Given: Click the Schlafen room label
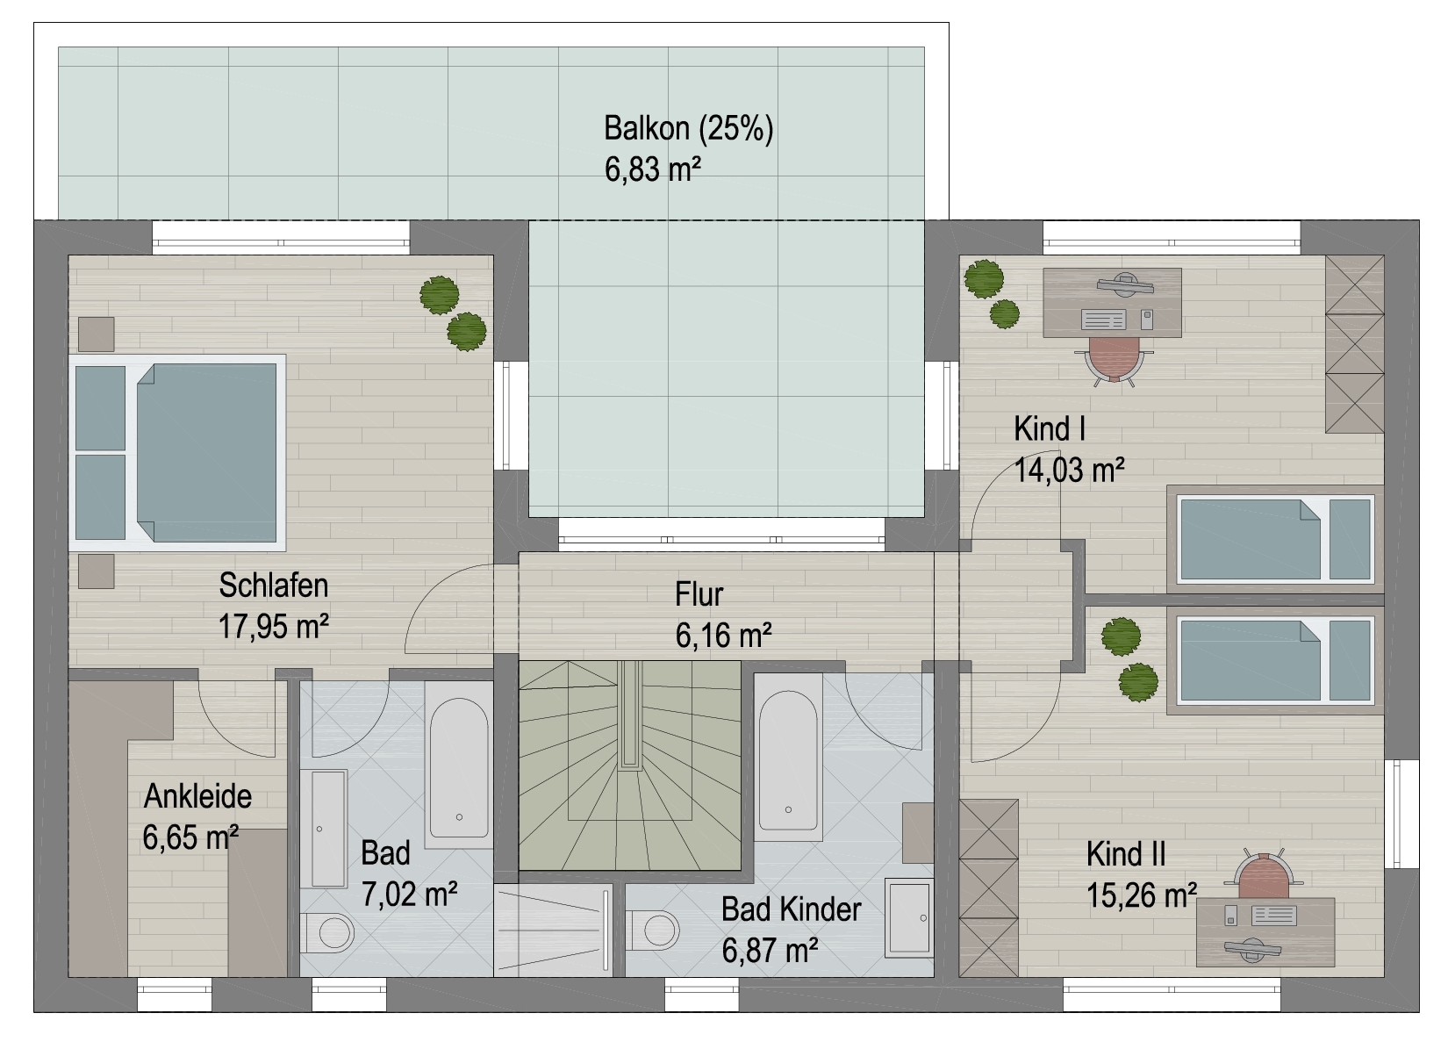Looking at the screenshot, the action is tap(274, 586).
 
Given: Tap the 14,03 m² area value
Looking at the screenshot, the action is tap(1069, 470).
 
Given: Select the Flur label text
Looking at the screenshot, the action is tap(699, 594).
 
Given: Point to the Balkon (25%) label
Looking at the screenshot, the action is tap(688, 129).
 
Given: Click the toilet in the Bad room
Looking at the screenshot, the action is tap(327, 932).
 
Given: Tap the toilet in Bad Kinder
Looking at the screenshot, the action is tap(653, 931).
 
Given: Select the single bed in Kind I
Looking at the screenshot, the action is tap(1275, 539).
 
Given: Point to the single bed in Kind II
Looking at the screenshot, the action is tap(1275, 660).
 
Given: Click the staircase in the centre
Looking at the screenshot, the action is tap(629, 765).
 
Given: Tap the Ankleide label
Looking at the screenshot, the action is tap(197, 796).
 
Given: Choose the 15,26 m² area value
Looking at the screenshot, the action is tap(1142, 895).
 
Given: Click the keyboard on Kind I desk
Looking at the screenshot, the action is tap(1103, 320).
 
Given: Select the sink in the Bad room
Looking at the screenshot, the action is tap(329, 829).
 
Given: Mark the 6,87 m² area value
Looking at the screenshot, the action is tap(770, 951).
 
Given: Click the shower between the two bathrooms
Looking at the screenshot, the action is tap(553, 931).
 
